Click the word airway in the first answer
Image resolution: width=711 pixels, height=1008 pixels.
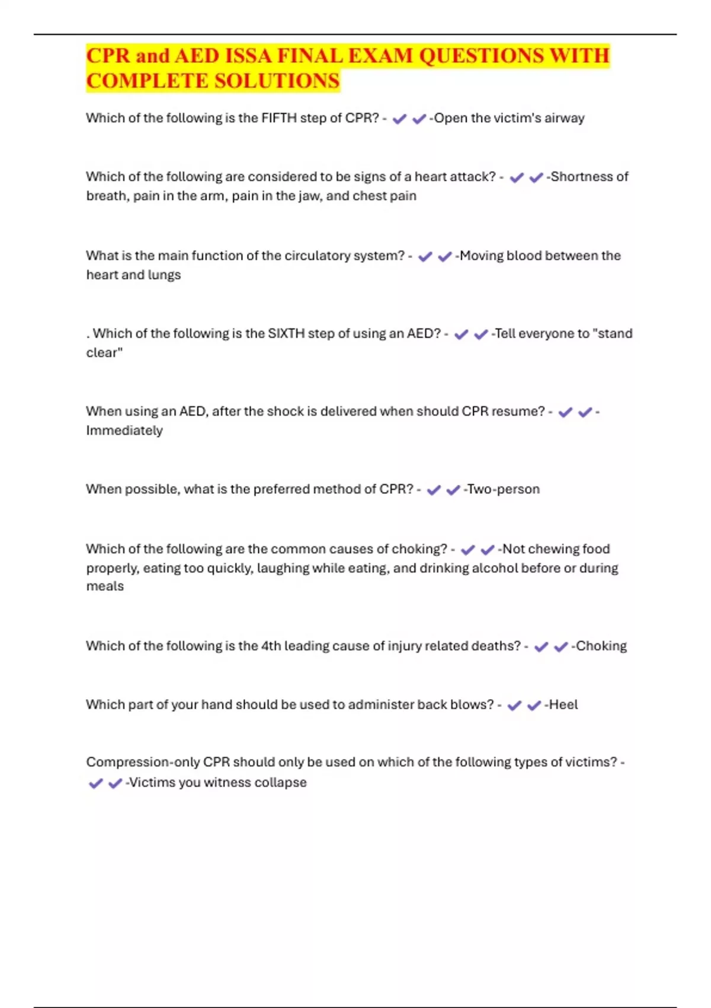pyautogui.click(x=564, y=118)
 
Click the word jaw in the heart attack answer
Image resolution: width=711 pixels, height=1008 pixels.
pyautogui.click(x=309, y=196)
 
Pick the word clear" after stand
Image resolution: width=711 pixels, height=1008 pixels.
pyautogui.click(x=104, y=352)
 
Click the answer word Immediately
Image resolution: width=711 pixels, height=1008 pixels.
pyautogui.click(x=124, y=430)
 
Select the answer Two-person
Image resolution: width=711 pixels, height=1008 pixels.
pyautogui.click(x=504, y=489)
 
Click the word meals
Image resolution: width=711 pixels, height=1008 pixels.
pyautogui.click(x=105, y=586)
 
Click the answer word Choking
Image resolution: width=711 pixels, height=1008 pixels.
pyautogui.click(x=601, y=646)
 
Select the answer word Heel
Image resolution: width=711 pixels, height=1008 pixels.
pyautogui.click(x=563, y=704)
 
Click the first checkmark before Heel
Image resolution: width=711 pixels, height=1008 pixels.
pyautogui.click(x=514, y=705)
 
